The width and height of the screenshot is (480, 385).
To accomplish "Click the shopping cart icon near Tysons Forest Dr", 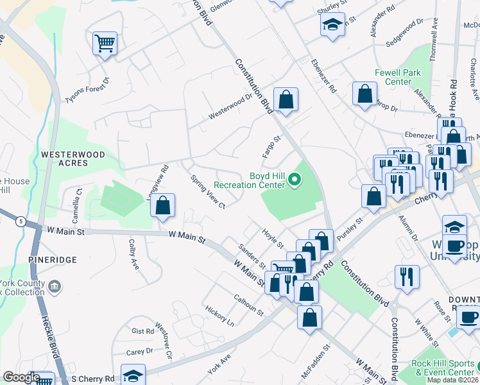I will click(105, 44).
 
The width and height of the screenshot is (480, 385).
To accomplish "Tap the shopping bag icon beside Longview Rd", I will click(164, 206).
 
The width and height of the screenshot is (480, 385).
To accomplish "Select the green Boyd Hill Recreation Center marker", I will click(295, 180).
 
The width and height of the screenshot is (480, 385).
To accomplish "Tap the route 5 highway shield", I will click(21, 222).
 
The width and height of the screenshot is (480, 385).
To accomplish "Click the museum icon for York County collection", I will click(55, 285).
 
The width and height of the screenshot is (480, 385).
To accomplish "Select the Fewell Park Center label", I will click(399, 77).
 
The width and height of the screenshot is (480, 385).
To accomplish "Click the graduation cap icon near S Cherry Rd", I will click(133, 375).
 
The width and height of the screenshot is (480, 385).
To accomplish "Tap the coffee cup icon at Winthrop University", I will click(454, 246).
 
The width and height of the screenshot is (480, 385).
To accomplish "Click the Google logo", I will click(21, 377).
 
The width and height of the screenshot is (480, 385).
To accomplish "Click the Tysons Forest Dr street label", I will click(87, 90).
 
